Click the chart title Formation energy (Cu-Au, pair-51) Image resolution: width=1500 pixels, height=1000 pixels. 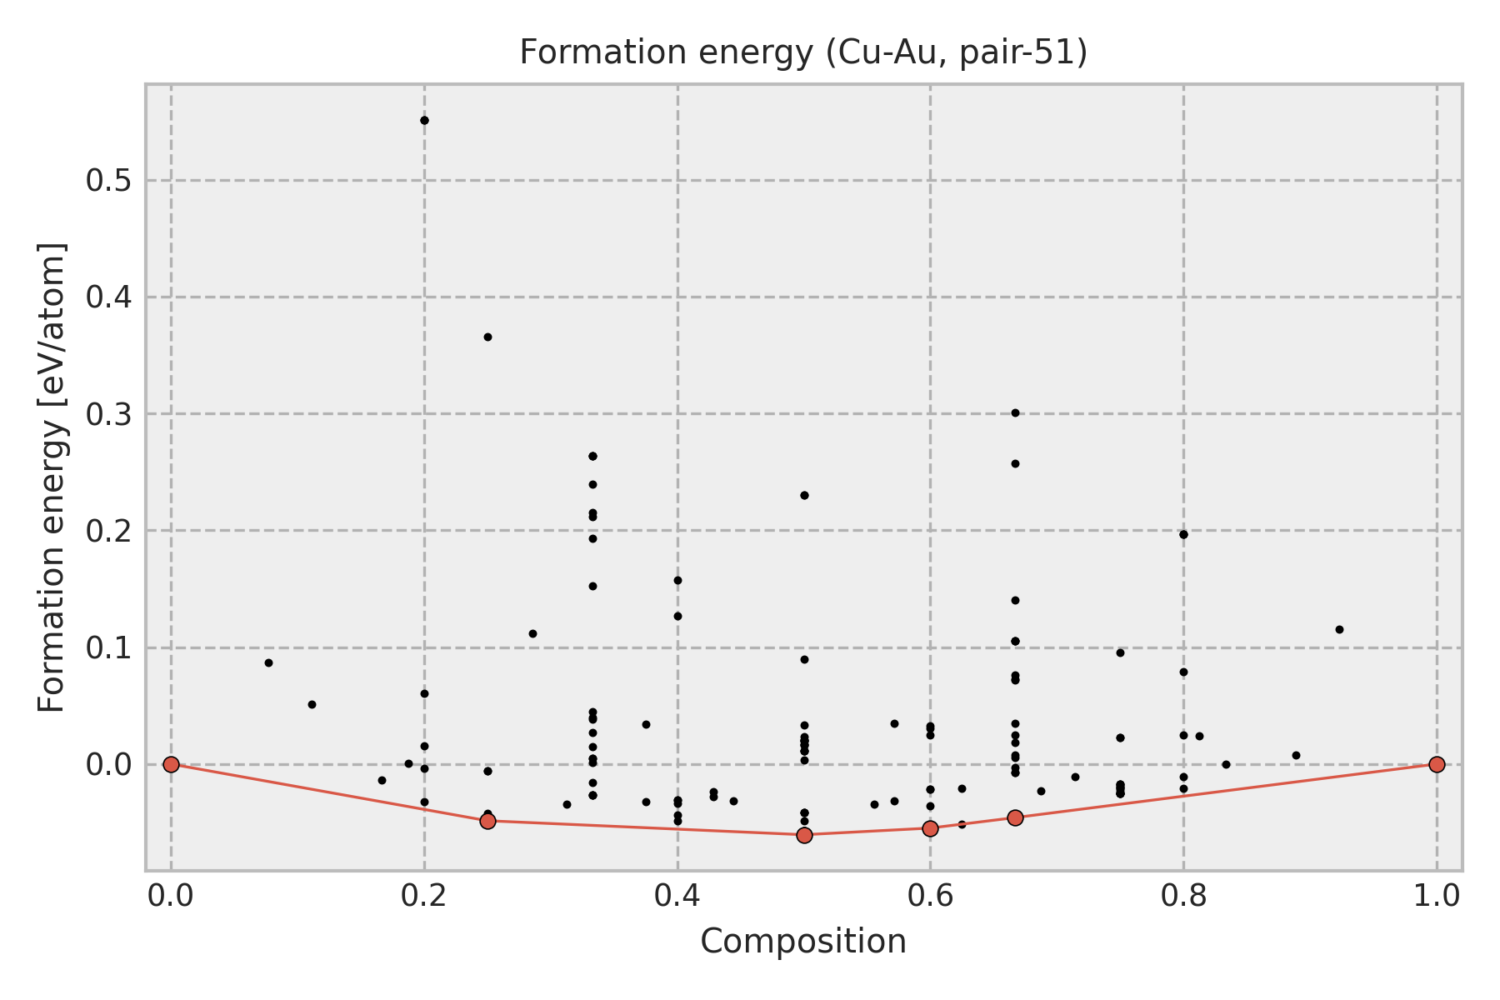803,53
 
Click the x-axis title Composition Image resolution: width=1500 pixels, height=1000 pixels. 803,942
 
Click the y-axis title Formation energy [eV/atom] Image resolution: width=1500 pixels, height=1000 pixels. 52,477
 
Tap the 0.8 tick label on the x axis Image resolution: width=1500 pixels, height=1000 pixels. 1183,896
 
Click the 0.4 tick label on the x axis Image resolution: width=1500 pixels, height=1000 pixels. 677,896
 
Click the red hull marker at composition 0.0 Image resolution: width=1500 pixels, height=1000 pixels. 171,764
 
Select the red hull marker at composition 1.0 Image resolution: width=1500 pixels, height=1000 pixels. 1437,764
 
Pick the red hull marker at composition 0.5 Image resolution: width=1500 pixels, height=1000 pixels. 804,835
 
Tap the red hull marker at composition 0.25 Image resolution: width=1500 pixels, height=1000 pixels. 487,821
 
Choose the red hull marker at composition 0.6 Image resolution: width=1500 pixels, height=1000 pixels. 930,827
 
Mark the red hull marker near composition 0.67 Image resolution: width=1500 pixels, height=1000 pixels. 1015,817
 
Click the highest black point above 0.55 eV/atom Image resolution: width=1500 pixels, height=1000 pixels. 424,121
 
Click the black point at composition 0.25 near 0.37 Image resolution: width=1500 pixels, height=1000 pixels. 487,337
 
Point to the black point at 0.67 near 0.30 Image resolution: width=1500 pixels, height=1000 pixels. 1015,412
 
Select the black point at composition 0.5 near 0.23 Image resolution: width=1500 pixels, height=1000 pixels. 804,495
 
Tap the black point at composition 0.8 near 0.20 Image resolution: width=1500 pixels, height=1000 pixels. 1183,534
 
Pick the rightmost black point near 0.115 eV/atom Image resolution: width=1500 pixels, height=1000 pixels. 1339,629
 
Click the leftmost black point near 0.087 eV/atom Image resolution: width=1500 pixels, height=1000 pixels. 268,662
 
